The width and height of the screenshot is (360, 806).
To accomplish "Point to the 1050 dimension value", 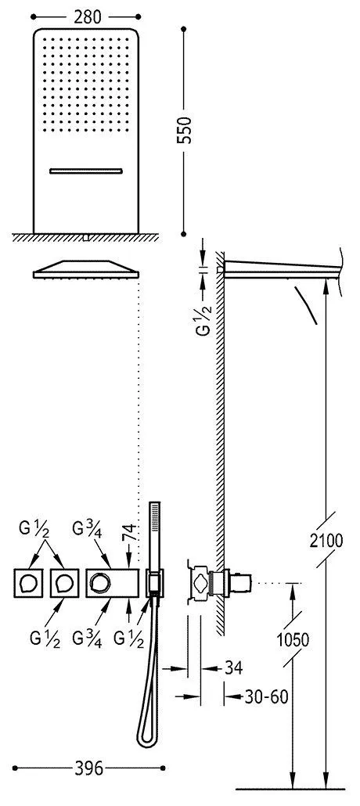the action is point(292,640).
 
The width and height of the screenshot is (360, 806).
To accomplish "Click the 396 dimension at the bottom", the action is point(88,768).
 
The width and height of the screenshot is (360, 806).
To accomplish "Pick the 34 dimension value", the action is point(232,667).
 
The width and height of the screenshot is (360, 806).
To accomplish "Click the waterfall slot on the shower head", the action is point(86,171).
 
